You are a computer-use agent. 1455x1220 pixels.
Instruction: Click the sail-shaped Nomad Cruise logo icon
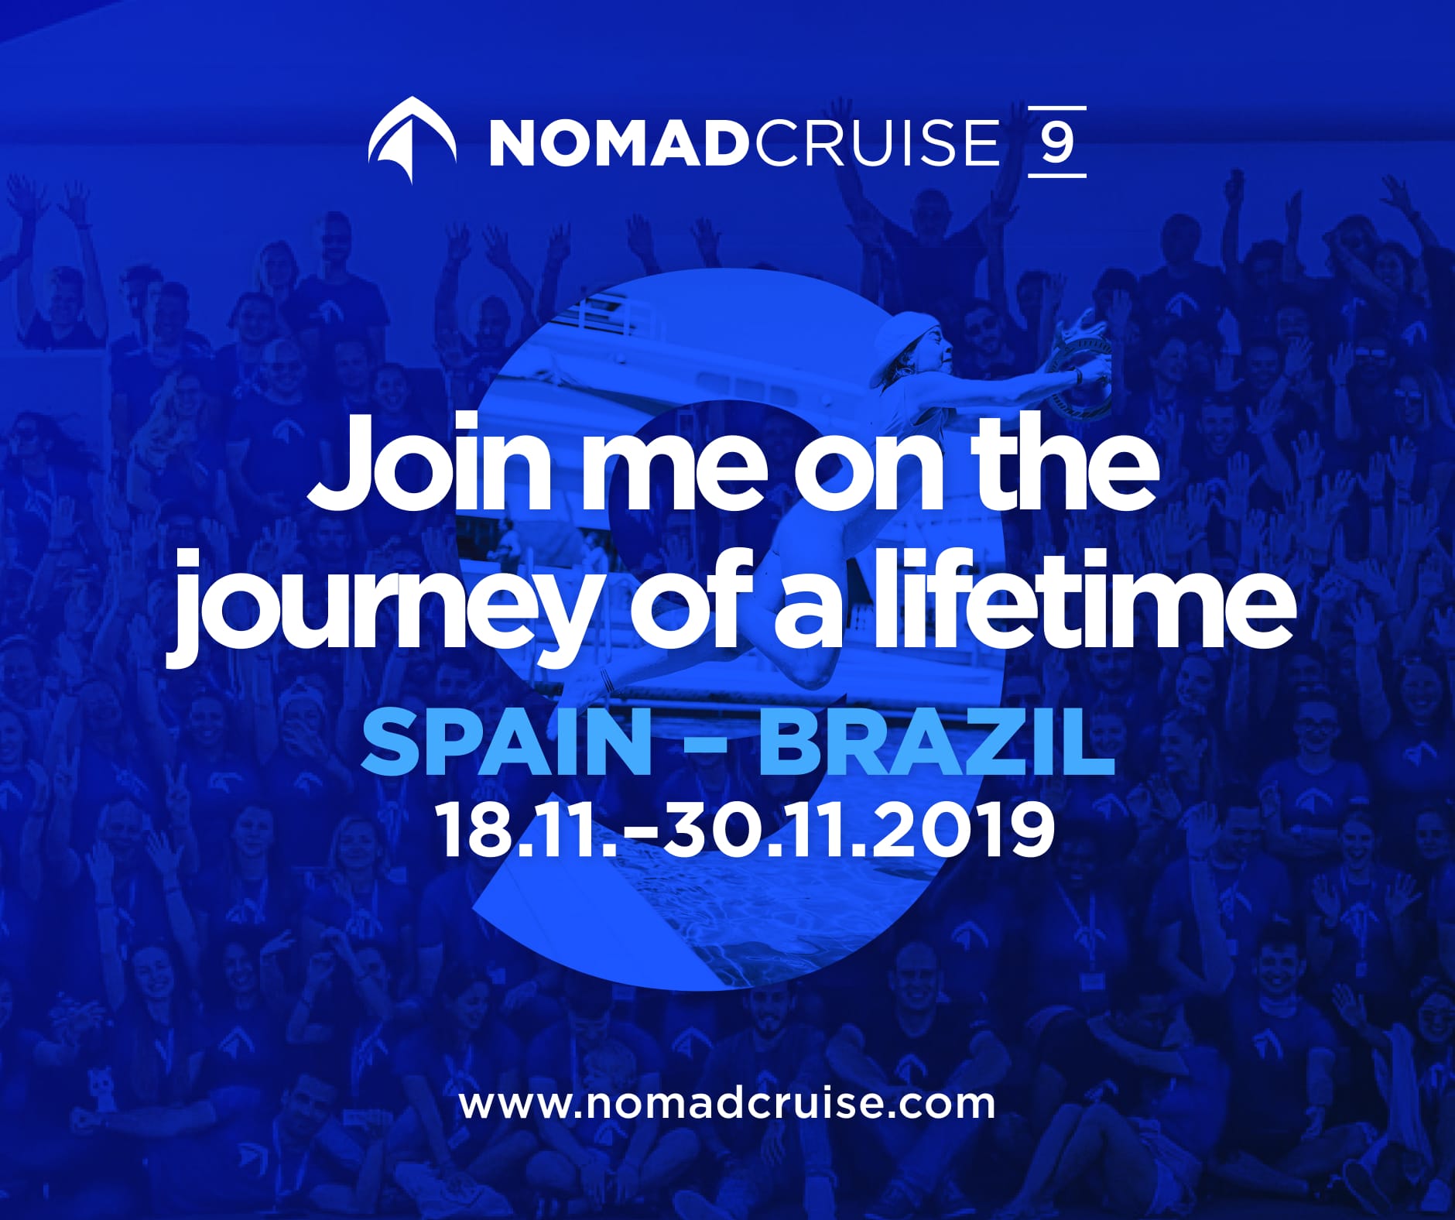click(411, 140)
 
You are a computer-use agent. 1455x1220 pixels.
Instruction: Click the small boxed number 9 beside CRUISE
click(1056, 142)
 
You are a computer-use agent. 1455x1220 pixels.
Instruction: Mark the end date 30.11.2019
click(859, 828)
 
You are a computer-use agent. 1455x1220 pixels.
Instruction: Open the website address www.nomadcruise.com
click(727, 1102)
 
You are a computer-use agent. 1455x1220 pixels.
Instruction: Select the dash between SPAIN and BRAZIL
click(705, 748)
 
